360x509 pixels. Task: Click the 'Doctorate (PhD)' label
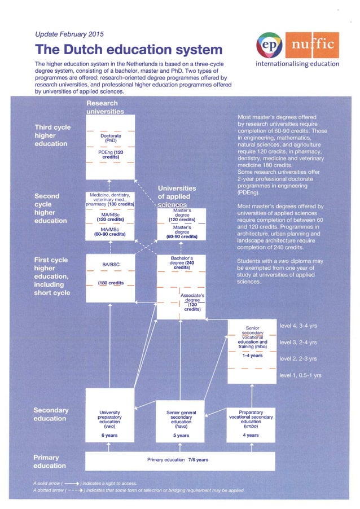click(111, 138)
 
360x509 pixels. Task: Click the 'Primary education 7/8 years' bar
click(178, 460)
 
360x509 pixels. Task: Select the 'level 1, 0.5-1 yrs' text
click(300, 375)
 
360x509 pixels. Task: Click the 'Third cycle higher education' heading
click(52, 135)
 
